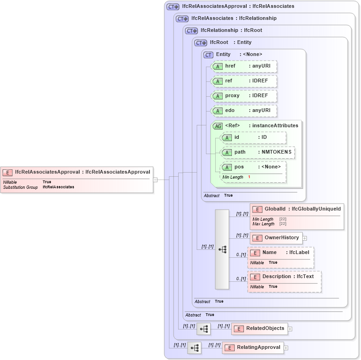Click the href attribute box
click(x=244, y=66)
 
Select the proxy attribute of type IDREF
click(x=244, y=96)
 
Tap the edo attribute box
click(x=244, y=111)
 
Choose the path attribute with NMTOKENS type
click(x=258, y=152)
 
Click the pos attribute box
click(x=253, y=167)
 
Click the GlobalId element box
click(x=297, y=209)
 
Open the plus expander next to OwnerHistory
click(x=305, y=238)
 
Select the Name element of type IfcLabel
click(x=280, y=253)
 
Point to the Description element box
click(x=284, y=277)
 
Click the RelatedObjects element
click(x=259, y=329)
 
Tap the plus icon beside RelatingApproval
click(x=286, y=348)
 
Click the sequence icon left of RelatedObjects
click(x=204, y=329)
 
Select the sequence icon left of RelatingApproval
click(x=194, y=348)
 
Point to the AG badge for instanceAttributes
click(x=217, y=126)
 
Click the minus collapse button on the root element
click(x=156, y=180)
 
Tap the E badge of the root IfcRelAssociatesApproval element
click(x=7, y=173)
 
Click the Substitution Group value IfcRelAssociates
click(x=58, y=187)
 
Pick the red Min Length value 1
click(x=249, y=177)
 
